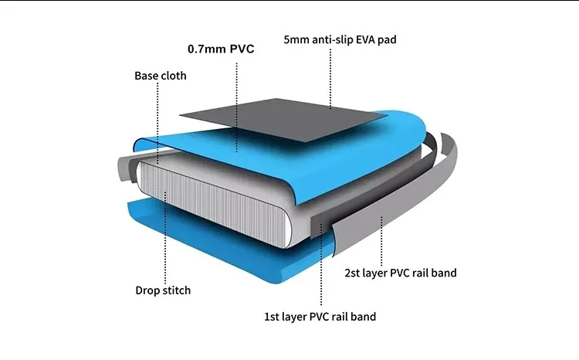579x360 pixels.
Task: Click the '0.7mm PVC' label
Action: click(221, 49)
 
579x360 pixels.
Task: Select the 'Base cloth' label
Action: click(161, 76)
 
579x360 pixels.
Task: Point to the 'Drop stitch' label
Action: click(163, 290)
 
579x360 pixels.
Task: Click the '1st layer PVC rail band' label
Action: click(320, 316)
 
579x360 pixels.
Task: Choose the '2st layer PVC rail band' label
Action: click(400, 272)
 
